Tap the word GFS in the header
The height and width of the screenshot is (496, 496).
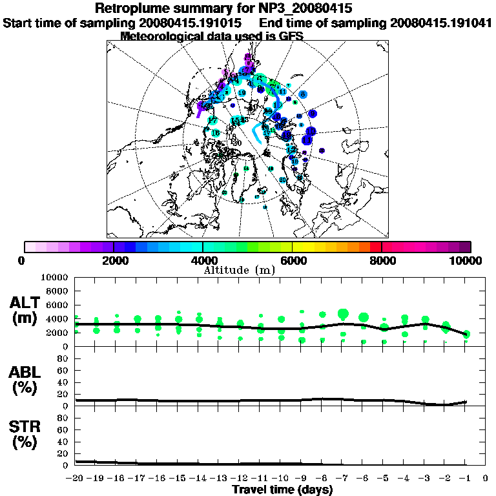click(x=290, y=36)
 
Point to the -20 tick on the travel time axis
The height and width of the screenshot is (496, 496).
click(x=76, y=479)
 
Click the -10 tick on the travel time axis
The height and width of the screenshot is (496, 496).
click(x=281, y=479)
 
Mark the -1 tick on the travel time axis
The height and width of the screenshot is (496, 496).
click(x=466, y=479)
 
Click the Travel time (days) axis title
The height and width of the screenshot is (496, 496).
click(x=282, y=490)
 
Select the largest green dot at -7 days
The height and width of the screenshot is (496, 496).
click(x=343, y=315)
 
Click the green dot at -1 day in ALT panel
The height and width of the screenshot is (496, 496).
click(x=466, y=334)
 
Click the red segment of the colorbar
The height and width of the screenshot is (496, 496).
click(x=375, y=247)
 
